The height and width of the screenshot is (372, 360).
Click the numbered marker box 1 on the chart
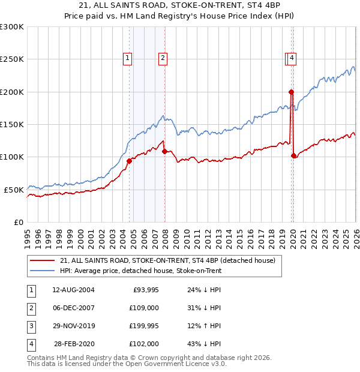click(x=128, y=58)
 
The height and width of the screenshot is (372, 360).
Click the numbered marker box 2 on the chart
click(x=163, y=58)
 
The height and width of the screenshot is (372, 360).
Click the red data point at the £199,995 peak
click(x=291, y=92)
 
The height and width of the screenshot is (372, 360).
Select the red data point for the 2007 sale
click(x=164, y=151)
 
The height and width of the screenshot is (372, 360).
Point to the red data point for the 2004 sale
click(x=129, y=161)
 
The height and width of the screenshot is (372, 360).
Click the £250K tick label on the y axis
click(x=12, y=59)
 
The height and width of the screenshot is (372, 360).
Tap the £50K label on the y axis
click(x=14, y=190)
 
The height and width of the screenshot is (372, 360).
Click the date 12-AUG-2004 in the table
click(x=73, y=289)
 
